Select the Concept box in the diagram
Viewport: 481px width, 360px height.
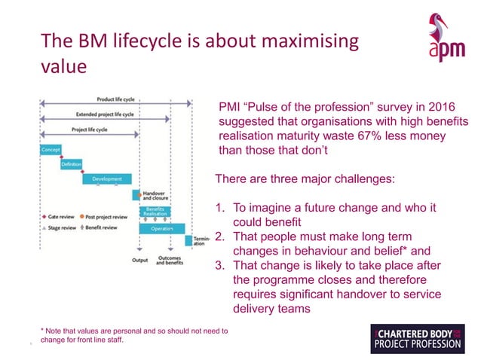click(51, 149)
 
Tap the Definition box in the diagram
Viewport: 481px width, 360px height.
click(72, 164)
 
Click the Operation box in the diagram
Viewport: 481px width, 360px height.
click(162, 227)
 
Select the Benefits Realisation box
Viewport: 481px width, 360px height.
click(156, 211)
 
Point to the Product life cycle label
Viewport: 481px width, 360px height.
click(116, 99)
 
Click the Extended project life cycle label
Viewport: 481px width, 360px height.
click(106, 114)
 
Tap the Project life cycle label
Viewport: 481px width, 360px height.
click(88, 130)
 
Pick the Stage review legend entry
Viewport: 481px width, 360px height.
click(60, 226)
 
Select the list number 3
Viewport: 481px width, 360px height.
click(220, 266)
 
